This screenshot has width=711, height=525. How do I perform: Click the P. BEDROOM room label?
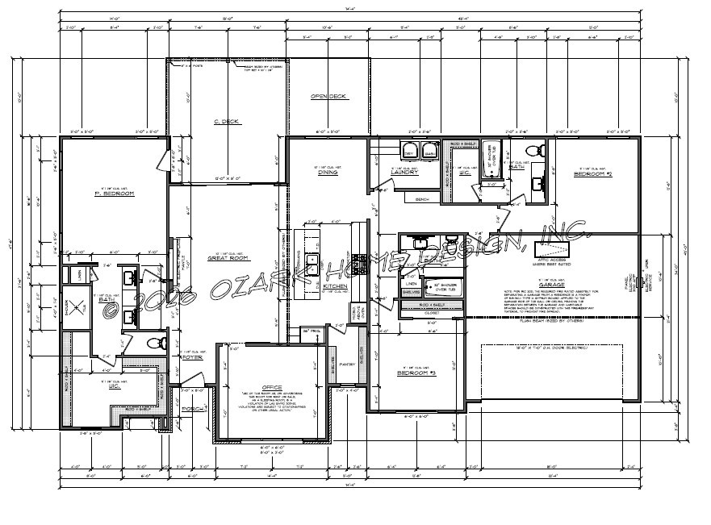tap(114, 194)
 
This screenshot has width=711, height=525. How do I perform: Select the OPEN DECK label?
tap(328, 97)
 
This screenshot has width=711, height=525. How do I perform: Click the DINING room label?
tap(328, 173)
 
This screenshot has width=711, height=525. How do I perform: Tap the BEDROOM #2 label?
tap(593, 174)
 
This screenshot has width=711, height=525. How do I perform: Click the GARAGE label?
tap(552, 285)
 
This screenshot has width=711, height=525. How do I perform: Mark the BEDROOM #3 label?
tap(416, 373)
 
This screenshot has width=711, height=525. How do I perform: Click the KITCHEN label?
tap(335, 286)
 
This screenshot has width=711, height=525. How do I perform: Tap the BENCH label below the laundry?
tap(420, 198)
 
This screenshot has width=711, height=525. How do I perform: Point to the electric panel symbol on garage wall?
tap(638, 282)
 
